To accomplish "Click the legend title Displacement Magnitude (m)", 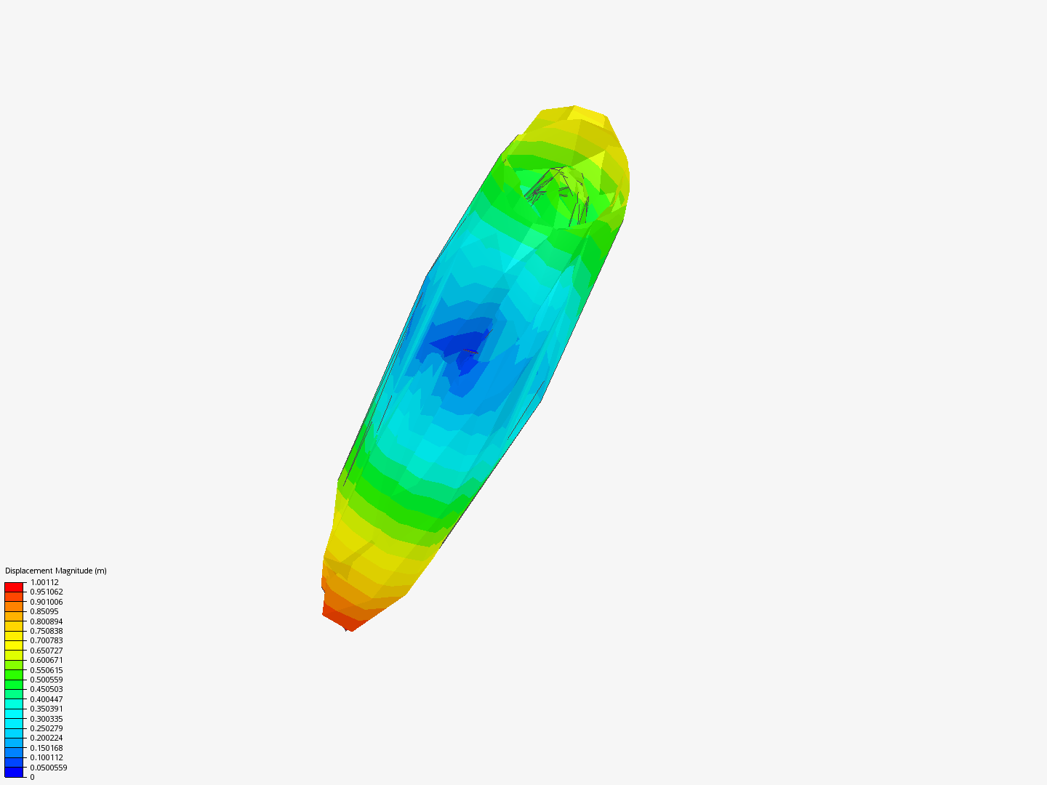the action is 56,571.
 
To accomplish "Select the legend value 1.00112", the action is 44,582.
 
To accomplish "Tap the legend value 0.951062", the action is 47,592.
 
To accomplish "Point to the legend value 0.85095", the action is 44,611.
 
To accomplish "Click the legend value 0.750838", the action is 47,631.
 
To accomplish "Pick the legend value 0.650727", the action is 47,651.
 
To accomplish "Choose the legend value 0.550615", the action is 47,670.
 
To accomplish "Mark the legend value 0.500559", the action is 47,680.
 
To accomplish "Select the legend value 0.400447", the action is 47,699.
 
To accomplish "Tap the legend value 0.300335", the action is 47,719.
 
